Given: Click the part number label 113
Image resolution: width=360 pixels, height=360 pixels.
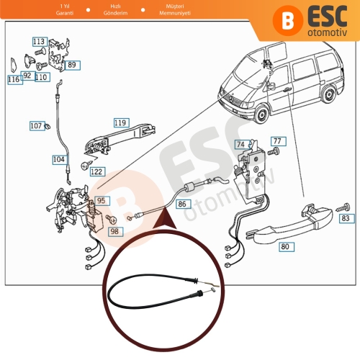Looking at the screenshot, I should coord(39,42).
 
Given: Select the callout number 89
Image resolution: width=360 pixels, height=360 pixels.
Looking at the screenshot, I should coord(72,65).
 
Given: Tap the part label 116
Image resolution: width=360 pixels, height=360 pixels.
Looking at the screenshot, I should coord(14,80).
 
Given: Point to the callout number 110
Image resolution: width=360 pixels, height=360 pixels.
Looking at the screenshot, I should coord(41,76).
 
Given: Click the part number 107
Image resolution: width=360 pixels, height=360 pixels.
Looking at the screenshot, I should coord(36,125).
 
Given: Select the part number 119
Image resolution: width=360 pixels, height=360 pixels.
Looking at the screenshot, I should coord(120,123).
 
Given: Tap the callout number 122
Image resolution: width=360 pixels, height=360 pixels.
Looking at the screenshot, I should coord(96,172).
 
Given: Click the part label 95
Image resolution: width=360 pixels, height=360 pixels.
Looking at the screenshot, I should coord(101,201).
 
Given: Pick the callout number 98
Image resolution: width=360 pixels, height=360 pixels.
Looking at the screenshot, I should coord(114,231).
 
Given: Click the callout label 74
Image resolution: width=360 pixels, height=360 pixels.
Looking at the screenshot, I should coord(240,144).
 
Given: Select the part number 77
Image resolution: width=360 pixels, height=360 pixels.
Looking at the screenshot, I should coord(278,140).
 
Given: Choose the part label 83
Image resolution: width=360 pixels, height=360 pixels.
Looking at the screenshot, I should coord(346,217).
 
